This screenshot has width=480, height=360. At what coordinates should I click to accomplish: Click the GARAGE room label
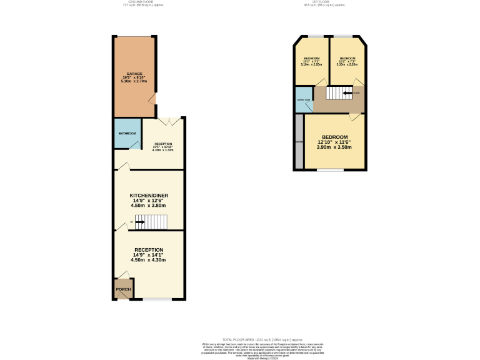coord(134,74)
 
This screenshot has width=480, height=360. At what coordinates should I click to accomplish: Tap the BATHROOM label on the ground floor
coord(127,133)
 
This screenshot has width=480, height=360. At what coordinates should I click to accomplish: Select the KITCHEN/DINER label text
coord(149,196)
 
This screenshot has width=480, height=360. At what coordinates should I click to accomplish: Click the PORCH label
coord(123,289)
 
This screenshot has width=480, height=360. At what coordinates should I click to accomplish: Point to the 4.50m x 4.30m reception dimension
coord(149,260)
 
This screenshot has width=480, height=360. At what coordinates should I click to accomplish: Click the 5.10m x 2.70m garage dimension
coord(134,81)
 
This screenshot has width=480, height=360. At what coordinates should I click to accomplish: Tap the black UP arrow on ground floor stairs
coord(139,222)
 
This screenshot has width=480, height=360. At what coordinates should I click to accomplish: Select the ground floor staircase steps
coord(156,222)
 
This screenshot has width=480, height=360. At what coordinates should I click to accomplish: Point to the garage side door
coord(152,98)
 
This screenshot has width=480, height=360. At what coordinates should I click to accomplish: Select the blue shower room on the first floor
coord(303,101)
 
